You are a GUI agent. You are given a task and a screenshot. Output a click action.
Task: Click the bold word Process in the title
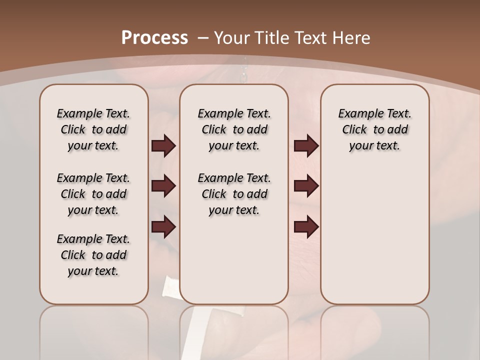click(154, 38)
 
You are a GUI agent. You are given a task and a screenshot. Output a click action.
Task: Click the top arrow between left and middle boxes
click(163, 146)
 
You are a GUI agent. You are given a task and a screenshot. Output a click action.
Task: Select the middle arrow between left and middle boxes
click(163, 186)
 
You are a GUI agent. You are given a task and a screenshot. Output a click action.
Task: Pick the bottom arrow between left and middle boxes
click(163, 227)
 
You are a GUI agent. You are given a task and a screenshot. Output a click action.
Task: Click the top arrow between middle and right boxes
click(306, 146)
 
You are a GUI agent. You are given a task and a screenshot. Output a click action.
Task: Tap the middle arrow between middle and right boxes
click(306, 186)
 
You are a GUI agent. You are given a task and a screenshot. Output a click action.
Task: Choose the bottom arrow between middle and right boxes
click(306, 227)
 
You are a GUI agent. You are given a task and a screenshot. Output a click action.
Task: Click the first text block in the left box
click(93, 129)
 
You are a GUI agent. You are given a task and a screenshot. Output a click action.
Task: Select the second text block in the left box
click(93, 194)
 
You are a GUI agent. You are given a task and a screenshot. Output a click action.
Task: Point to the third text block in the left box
click(93, 255)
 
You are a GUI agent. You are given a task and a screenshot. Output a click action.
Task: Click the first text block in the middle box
click(234, 129)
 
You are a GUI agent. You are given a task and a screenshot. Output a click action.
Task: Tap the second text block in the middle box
click(234, 194)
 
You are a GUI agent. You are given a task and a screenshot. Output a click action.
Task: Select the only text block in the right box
click(375, 129)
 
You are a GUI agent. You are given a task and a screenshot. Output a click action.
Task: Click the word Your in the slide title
click(231, 38)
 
